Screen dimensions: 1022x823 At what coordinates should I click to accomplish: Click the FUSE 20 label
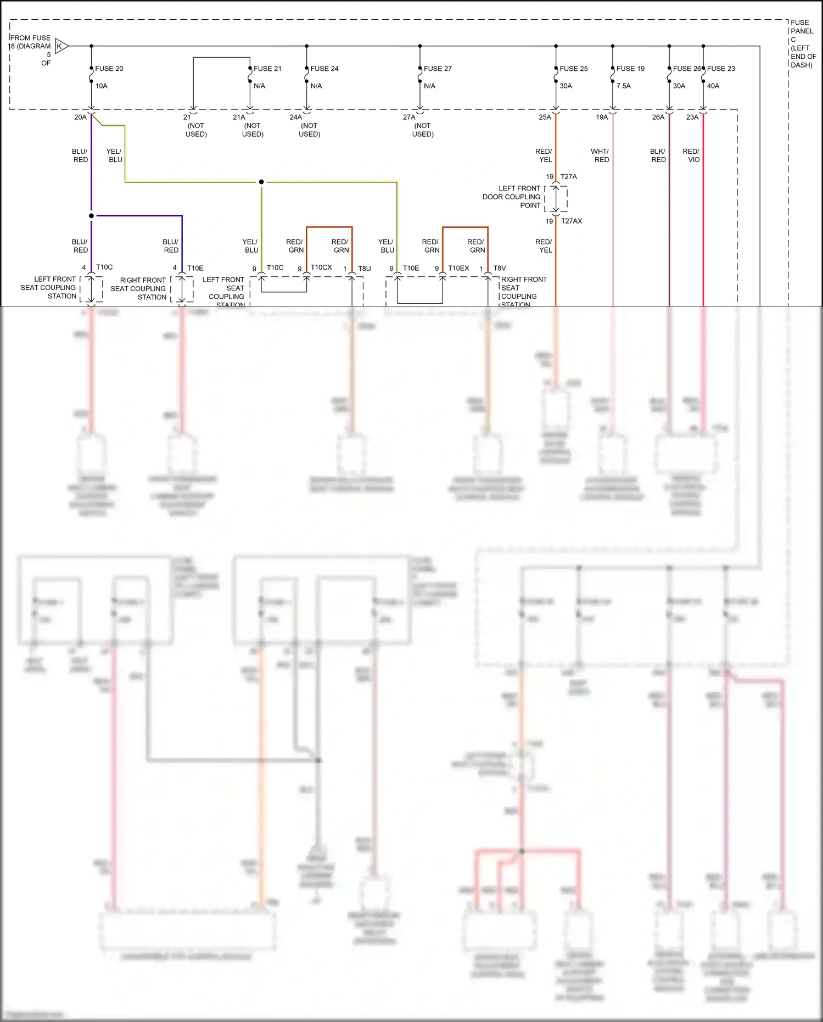point(109,69)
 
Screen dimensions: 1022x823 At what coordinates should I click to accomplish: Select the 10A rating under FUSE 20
point(102,86)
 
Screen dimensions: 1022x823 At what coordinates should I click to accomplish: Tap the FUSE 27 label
point(438,69)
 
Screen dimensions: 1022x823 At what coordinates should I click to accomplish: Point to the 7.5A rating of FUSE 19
point(623,86)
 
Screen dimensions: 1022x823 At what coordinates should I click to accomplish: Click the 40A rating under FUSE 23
point(713,86)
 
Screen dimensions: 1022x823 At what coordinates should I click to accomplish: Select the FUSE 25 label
point(573,69)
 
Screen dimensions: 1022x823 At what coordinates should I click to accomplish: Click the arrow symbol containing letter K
point(61,46)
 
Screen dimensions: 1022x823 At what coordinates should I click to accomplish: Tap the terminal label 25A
point(545,117)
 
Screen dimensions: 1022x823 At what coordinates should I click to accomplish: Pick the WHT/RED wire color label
point(600,155)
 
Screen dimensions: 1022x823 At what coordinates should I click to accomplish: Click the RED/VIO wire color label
point(691,155)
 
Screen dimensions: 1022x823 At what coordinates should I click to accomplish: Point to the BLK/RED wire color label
point(658,155)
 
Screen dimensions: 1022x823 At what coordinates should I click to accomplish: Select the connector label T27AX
point(572,221)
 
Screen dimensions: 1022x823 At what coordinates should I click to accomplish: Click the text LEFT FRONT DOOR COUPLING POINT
point(512,197)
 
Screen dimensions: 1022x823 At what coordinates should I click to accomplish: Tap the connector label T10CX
point(321,267)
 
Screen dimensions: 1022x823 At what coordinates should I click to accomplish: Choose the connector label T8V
point(500,268)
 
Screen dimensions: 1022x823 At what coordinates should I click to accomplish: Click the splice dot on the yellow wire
point(261,182)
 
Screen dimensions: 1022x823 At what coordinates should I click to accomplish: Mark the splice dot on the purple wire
point(91,216)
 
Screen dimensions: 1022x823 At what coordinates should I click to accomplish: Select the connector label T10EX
point(458,268)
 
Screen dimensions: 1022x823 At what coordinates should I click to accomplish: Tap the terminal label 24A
point(295,117)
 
